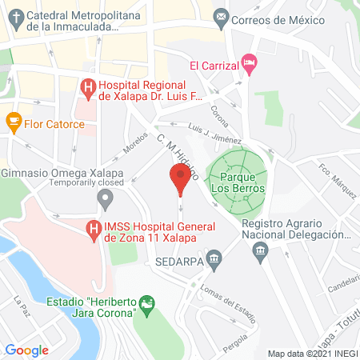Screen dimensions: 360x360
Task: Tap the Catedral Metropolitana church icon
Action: [14, 15]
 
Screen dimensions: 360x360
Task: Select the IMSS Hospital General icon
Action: [93, 231]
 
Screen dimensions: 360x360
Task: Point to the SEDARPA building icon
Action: [214, 258]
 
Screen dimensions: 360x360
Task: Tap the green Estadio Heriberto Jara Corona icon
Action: [147, 304]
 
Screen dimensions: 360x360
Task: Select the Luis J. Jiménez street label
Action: [215, 131]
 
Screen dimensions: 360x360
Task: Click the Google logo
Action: [26, 350]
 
